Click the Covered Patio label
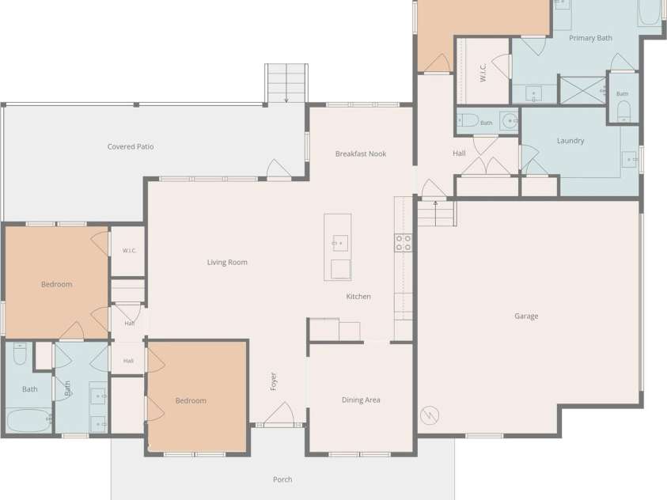coord(131,146)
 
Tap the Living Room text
coord(227,263)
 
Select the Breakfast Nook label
coord(361,154)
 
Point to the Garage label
coord(526,316)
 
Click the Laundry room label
coord(570,141)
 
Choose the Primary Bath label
coord(591,38)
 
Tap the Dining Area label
coord(361,400)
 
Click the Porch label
coord(282,479)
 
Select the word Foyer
coord(274,381)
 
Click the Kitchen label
coord(358,297)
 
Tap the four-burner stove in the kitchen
coord(403,242)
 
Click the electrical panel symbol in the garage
coord(430,415)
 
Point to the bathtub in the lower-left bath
coord(29,420)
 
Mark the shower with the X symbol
coord(582,90)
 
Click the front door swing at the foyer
coord(279,413)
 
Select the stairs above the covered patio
coord(286,83)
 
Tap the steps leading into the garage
coord(437,214)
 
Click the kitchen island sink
coord(340,243)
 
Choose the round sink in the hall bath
coord(509,121)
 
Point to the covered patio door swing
coord(279,169)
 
